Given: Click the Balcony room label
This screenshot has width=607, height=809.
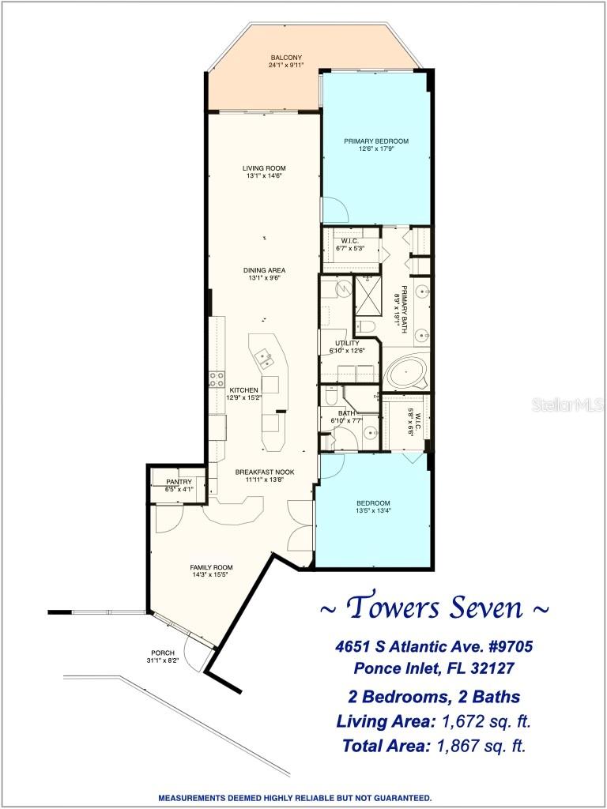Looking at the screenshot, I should click(286, 58).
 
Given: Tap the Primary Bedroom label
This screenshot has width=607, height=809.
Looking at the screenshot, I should click(375, 141).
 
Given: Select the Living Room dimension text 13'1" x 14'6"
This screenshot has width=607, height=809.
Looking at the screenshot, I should click(264, 176).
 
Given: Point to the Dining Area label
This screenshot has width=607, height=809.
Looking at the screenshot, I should click(264, 269).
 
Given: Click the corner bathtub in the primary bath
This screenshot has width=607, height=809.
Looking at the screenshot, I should click(406, 371).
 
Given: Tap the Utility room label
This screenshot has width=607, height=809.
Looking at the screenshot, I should click(347, 343).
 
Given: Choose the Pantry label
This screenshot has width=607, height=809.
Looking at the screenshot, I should click(179, 482).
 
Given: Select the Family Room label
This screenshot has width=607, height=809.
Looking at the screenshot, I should click(211, 567).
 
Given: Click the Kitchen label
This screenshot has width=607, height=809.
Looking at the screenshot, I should click(244, 390).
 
